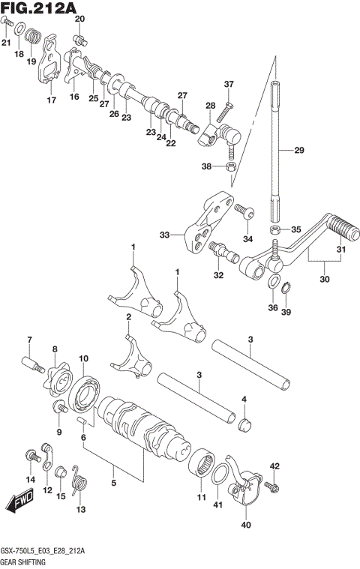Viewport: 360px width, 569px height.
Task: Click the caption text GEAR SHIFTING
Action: tap(25, 561)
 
